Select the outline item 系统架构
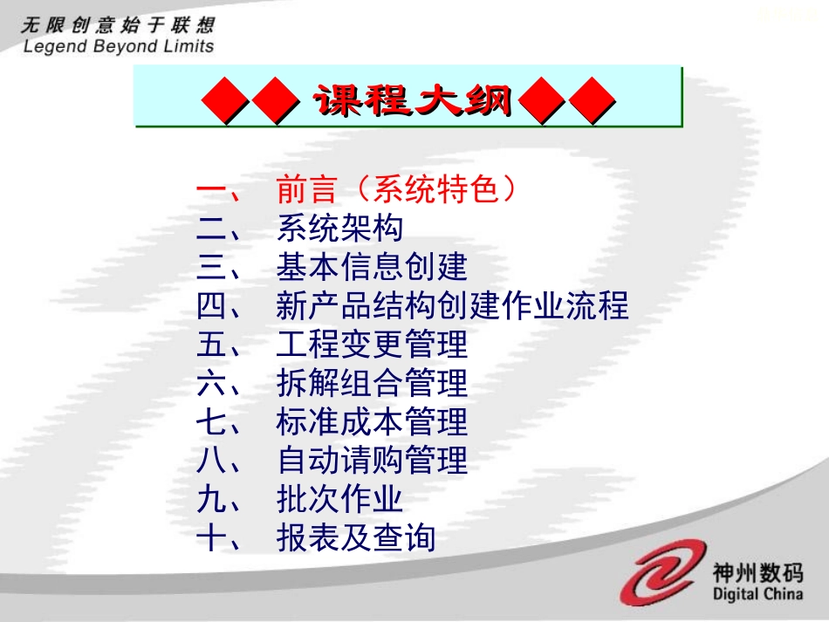coord(339,229)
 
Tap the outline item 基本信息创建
coord(372,267)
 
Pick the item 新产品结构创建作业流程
coord(452,306)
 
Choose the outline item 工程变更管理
coord(372,345)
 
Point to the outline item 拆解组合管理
coord(372,383)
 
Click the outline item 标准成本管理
coord(372,422)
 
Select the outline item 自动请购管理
coord(372,461)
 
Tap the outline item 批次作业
coord(339,499)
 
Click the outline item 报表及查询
coord(355,538)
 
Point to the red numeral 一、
coord(223,190)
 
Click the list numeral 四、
coord(223,306)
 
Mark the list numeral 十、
coord(223,538)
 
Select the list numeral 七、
coord(223,422)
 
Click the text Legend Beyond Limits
coord(119,46)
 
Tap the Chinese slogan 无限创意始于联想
coord(117,24)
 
